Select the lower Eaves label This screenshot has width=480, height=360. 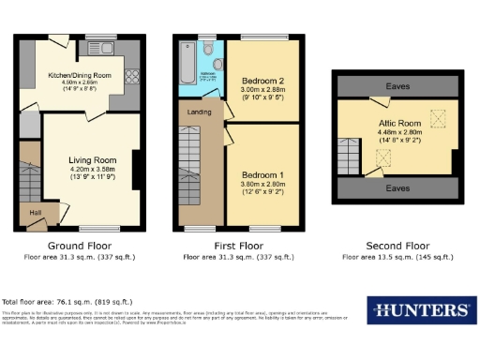[396, 187]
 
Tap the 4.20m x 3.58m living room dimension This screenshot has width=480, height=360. [91, 169]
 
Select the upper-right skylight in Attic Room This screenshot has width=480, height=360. [435, 117]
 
